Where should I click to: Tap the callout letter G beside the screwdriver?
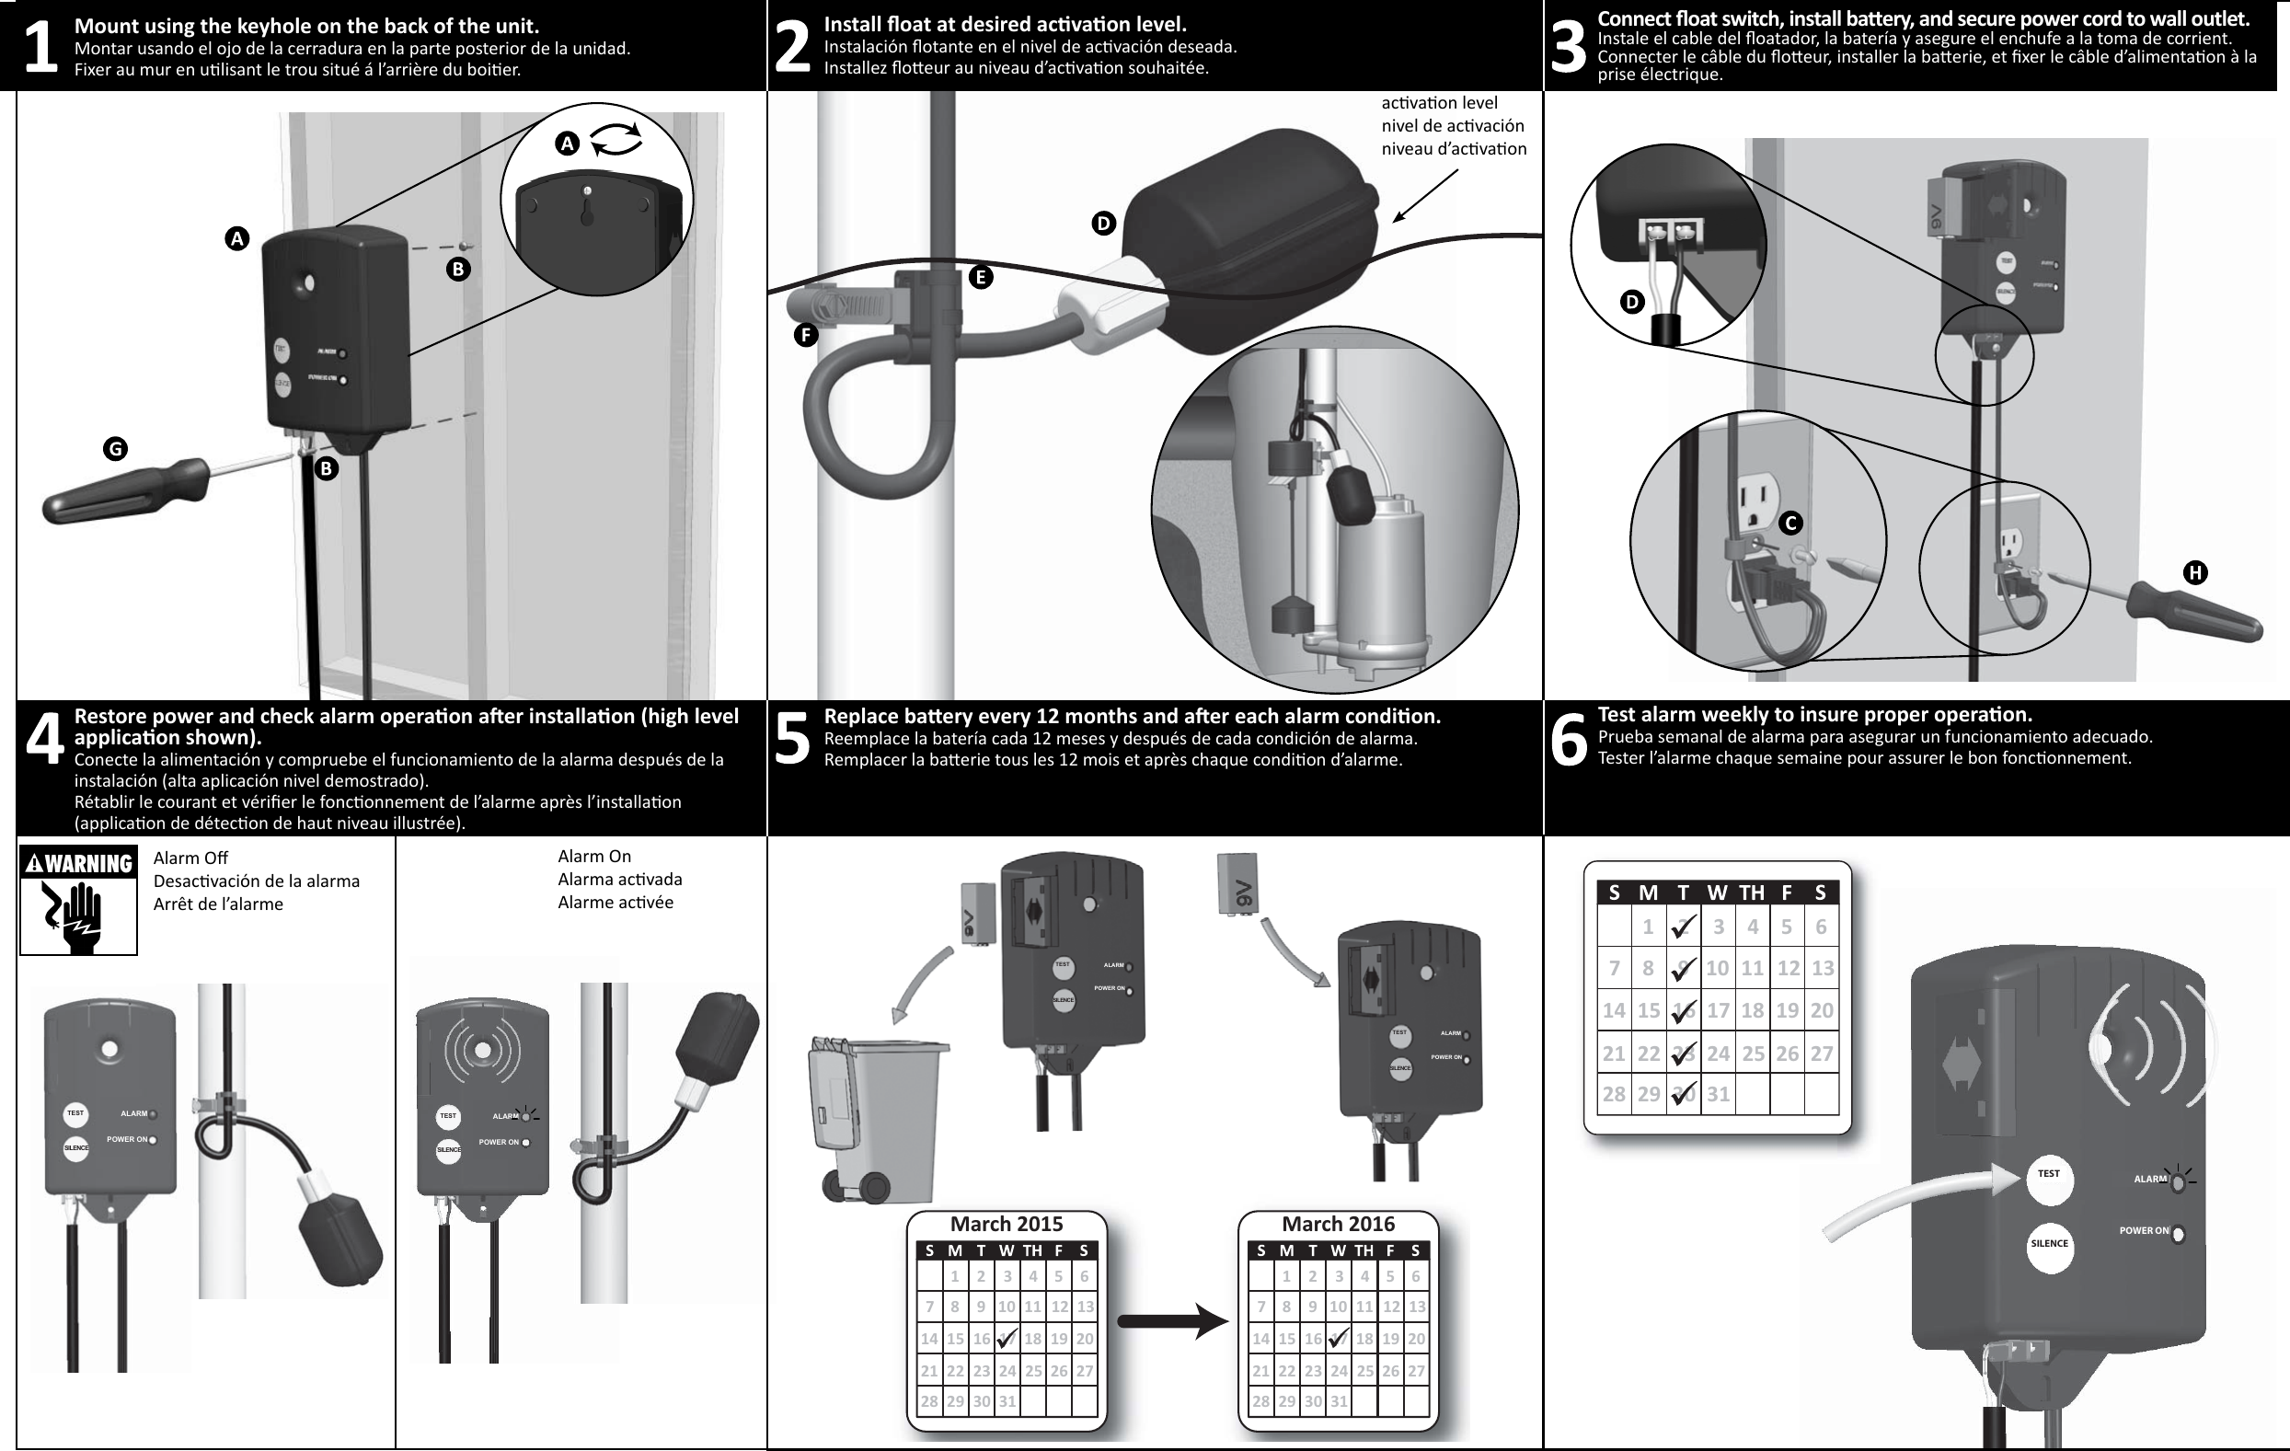pos(115,449)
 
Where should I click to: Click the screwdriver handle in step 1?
pos(123,490)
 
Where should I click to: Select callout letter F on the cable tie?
pos(805,335)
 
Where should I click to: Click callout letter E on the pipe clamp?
pos(981,278)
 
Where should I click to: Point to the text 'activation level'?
pos(1438,103)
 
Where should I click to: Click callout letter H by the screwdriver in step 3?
pos(2194,572)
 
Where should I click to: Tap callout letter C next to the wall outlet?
pos(1789,523)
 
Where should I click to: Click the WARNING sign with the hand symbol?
pos(79,900)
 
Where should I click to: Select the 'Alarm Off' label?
pos(190,858)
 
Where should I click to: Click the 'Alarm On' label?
pos(593,857)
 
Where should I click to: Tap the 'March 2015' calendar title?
pos(1007,1225)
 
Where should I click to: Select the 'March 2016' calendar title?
pos(1337,1225)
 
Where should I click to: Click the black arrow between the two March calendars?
pos(1171,1320)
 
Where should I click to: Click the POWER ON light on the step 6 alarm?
pos(2178,1234)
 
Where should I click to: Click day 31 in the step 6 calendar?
pos(1718,1094)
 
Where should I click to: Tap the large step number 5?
pos(791,739)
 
